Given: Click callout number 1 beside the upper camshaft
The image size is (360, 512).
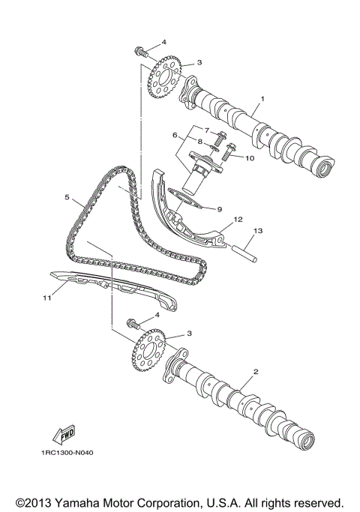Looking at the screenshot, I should tap(262, 98).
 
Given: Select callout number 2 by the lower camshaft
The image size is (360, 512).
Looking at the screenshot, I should tap(256, 372).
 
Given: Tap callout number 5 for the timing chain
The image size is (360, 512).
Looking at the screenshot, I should tap(67, 198).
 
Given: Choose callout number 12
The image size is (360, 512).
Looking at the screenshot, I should tap(237, 220).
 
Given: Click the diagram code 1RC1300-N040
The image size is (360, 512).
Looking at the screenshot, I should tap(67, 452).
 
